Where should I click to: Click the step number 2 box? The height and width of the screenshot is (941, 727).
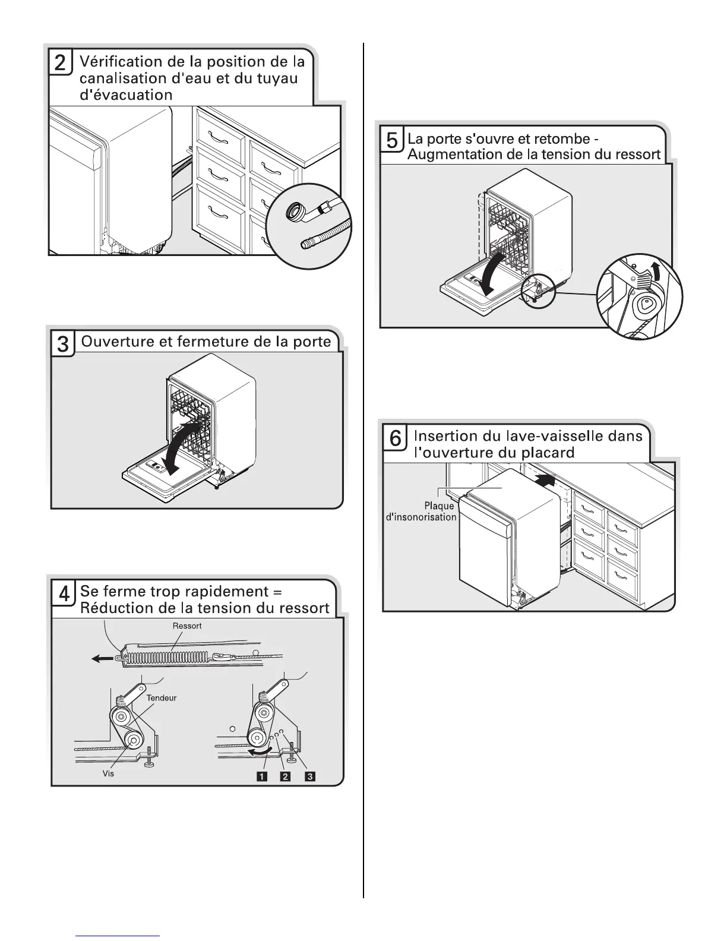pos(61,62)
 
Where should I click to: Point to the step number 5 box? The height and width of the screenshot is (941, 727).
pos(392,141)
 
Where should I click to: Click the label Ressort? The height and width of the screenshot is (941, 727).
pos(187,626)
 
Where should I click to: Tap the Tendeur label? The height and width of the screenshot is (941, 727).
pos(162,698)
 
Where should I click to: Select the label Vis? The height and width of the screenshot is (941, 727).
pos(108,774)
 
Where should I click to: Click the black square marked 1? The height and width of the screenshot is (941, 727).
pos(261,776)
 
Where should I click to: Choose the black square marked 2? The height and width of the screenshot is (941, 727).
pos(285,776)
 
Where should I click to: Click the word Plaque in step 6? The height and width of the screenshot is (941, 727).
pos(439,506)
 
